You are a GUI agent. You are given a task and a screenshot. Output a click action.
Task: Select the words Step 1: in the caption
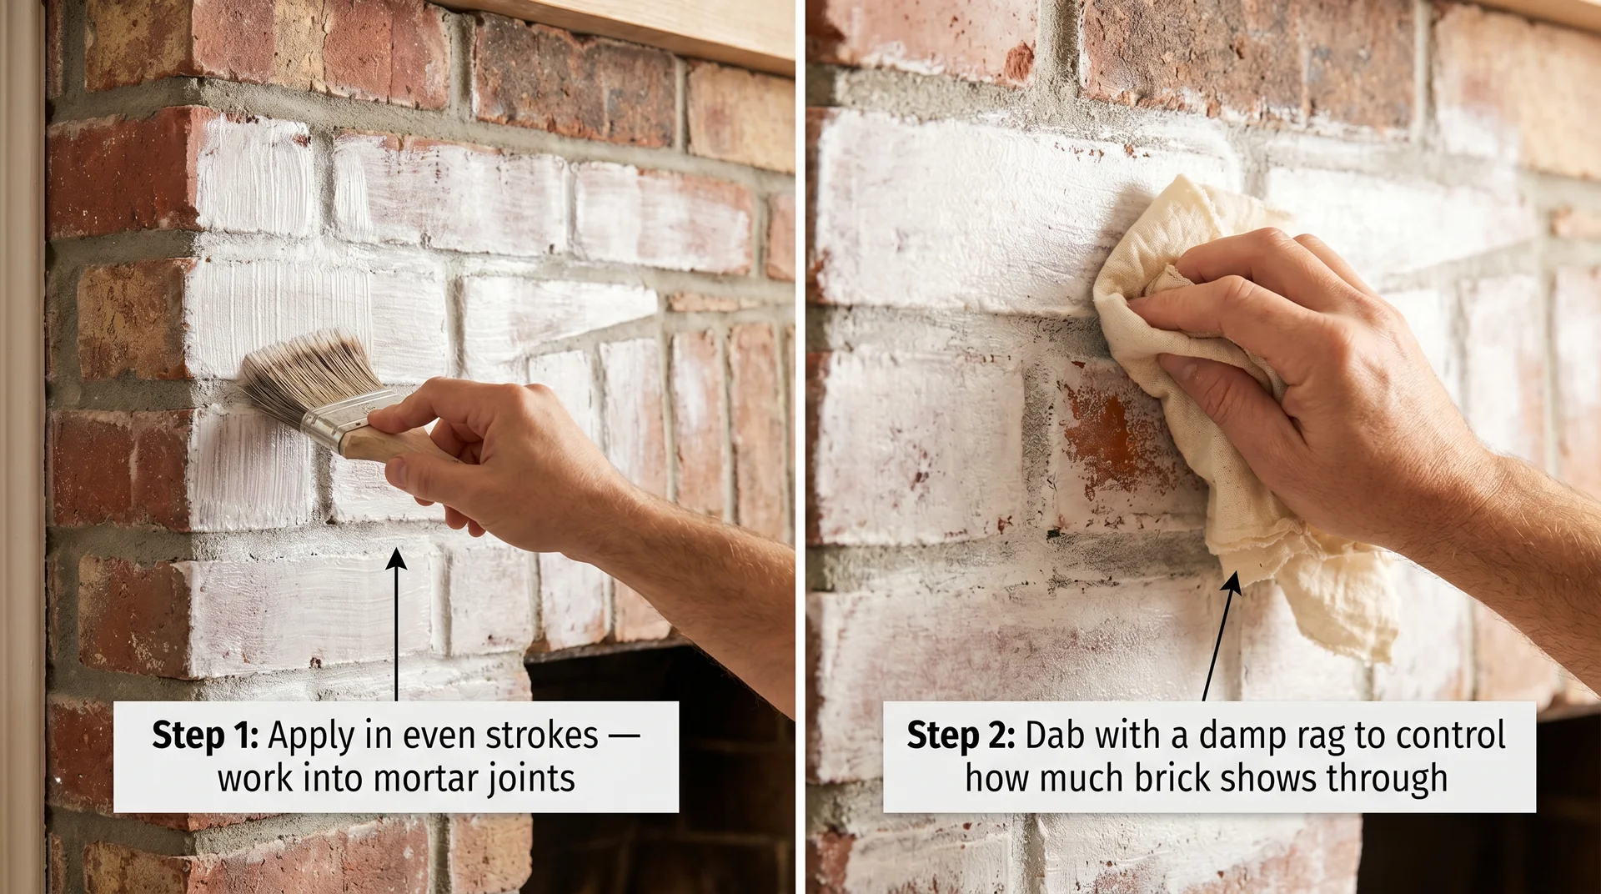tap(205, 736)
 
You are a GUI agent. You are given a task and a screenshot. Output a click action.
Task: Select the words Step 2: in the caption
tap(960, 736)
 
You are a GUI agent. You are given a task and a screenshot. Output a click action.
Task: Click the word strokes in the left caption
tap(542, 736)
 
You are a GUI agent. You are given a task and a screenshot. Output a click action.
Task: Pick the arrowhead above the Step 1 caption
tap(397, 559)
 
